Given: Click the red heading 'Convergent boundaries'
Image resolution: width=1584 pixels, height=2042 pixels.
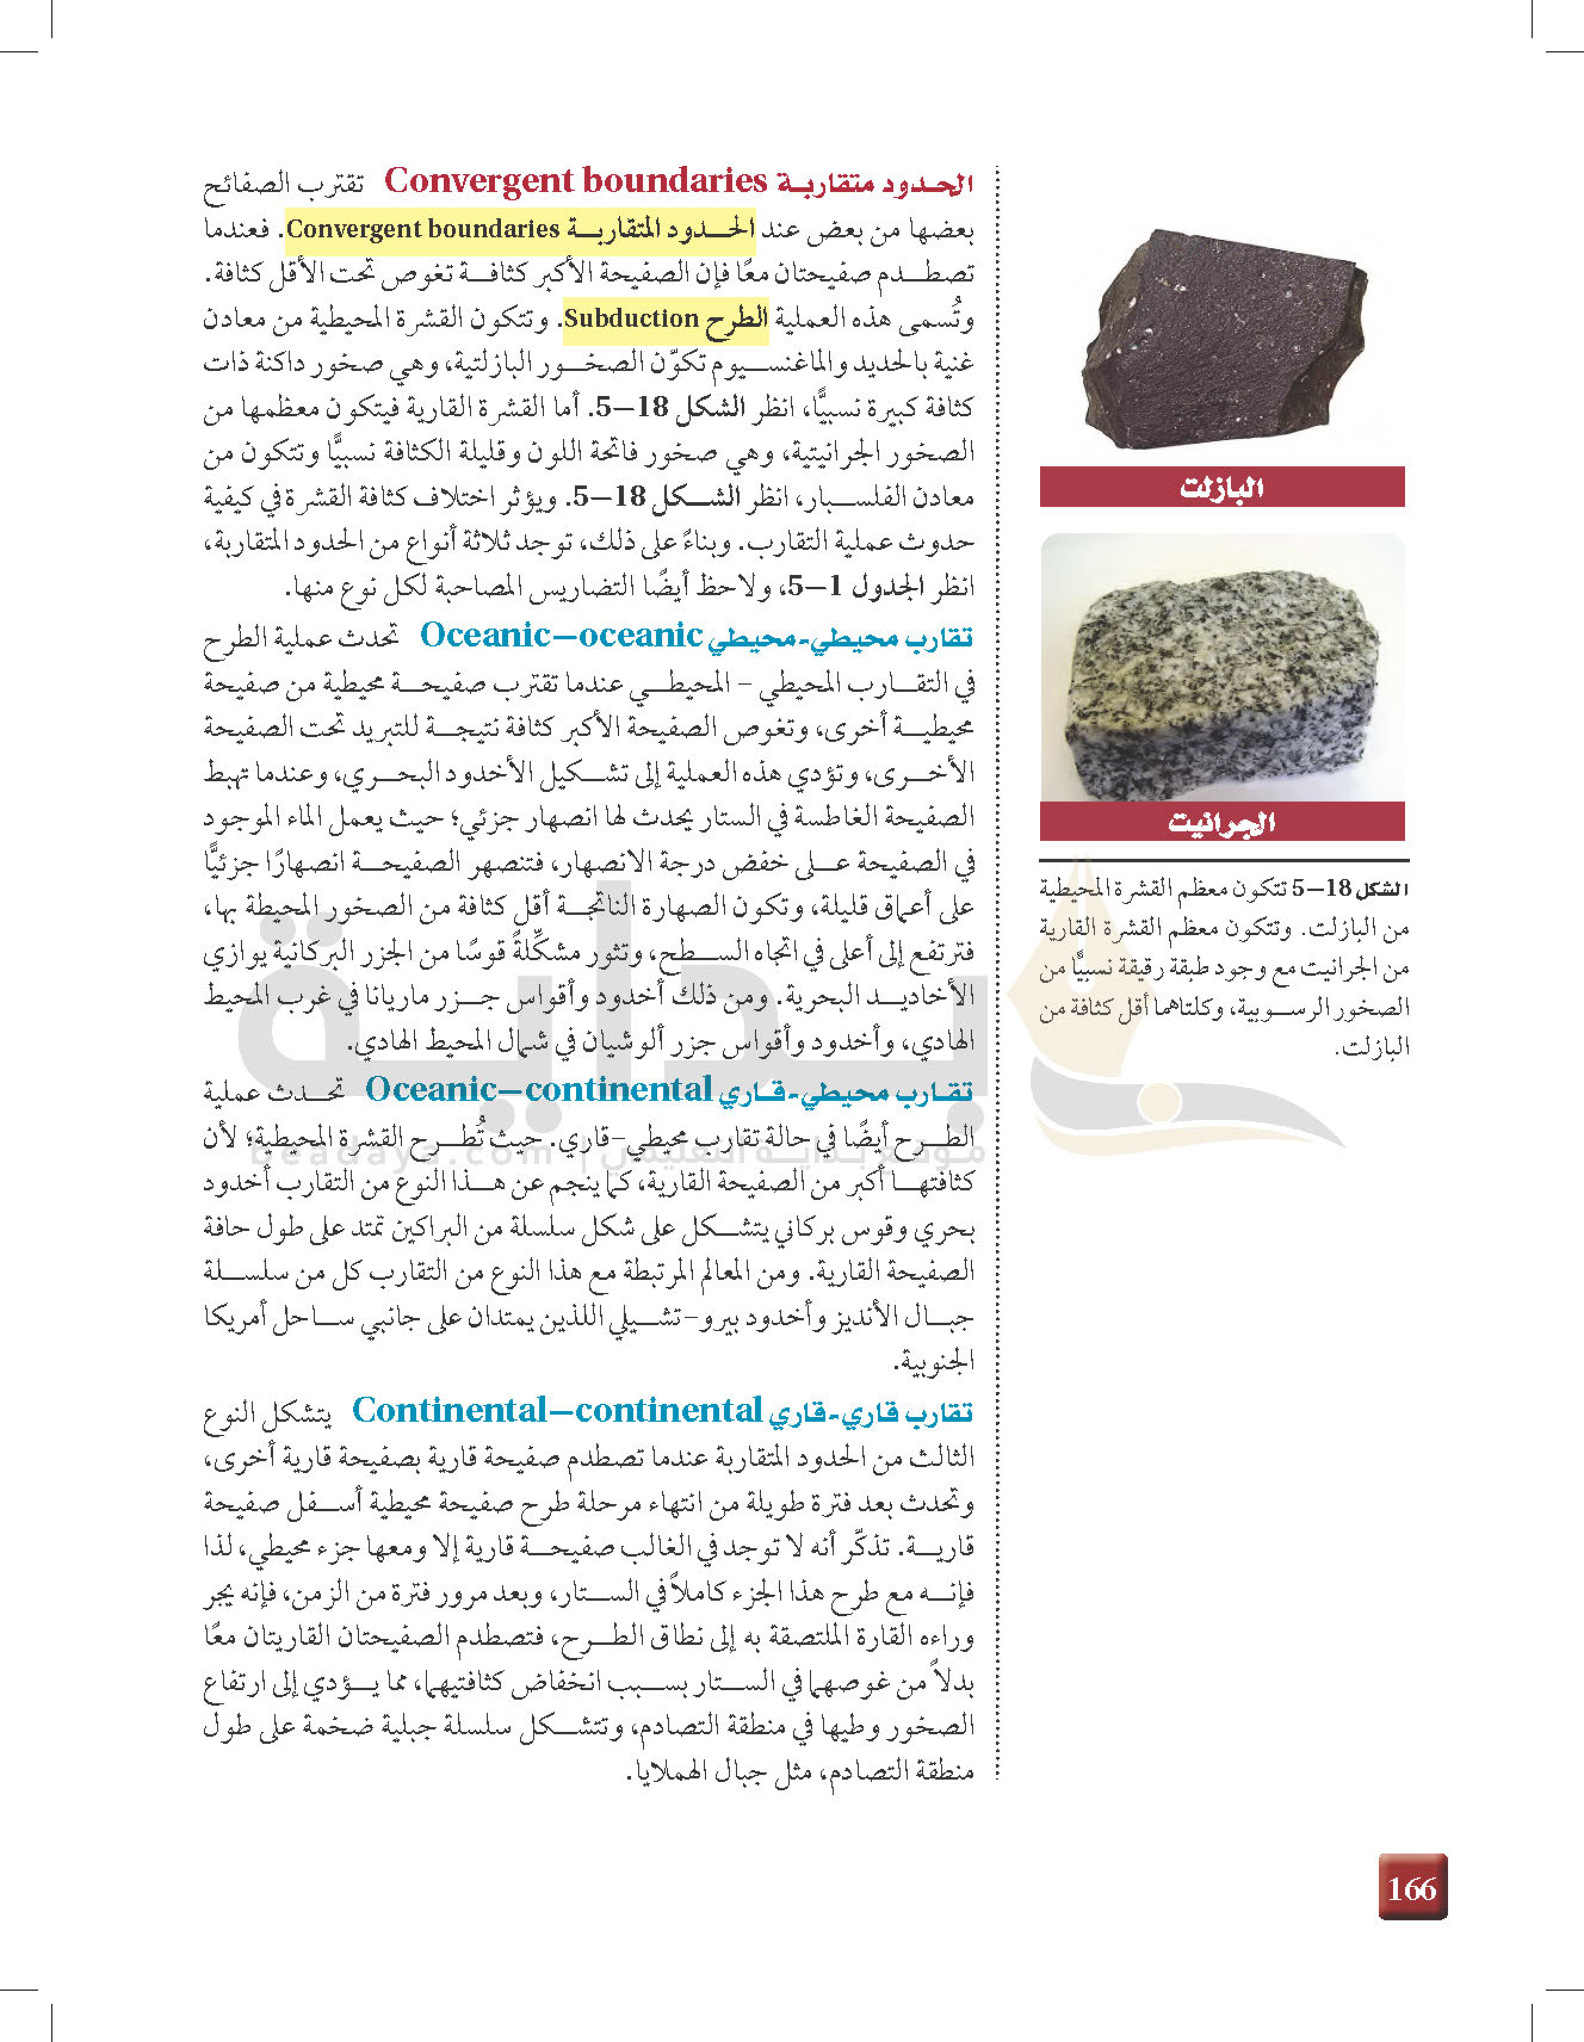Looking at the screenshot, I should (575, 181).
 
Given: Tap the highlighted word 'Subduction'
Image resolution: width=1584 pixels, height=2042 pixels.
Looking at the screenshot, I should (631, 319).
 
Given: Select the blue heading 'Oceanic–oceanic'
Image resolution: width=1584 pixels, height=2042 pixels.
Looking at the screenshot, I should (561, 635).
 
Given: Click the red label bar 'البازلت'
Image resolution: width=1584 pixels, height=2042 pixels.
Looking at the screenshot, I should (1221, 487).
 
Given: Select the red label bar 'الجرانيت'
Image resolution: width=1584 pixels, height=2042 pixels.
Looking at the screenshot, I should (1221, 823).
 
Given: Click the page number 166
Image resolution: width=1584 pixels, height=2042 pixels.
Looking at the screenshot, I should (1412, 1889).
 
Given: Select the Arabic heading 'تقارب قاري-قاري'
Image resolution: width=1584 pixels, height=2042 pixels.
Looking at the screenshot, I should (871, 1413).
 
